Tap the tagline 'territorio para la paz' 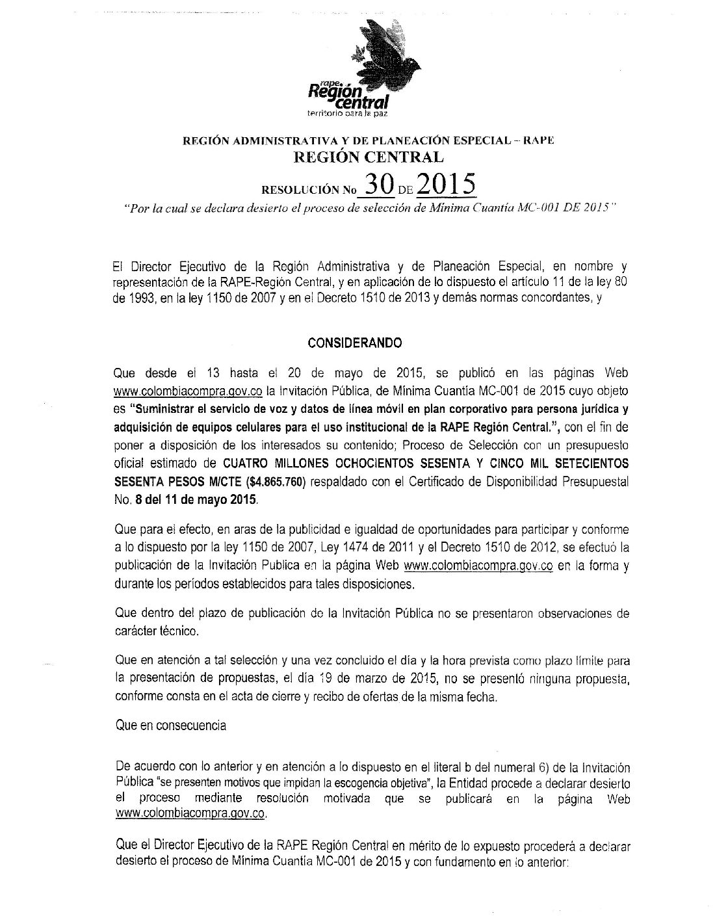click(x=346, y=114)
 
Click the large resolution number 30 click(x=379, y=185)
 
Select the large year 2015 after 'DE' click(x=445, y=185)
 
